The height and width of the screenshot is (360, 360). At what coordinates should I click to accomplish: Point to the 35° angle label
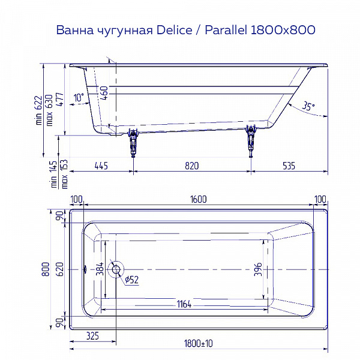point(308,106)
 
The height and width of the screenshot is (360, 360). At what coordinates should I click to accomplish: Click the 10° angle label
point(79,98)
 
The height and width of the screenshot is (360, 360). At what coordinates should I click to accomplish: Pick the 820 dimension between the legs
point(191,166)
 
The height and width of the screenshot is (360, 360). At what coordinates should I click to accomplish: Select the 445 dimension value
point(100,166)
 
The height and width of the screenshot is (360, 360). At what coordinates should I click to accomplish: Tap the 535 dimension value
point(289,166)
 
